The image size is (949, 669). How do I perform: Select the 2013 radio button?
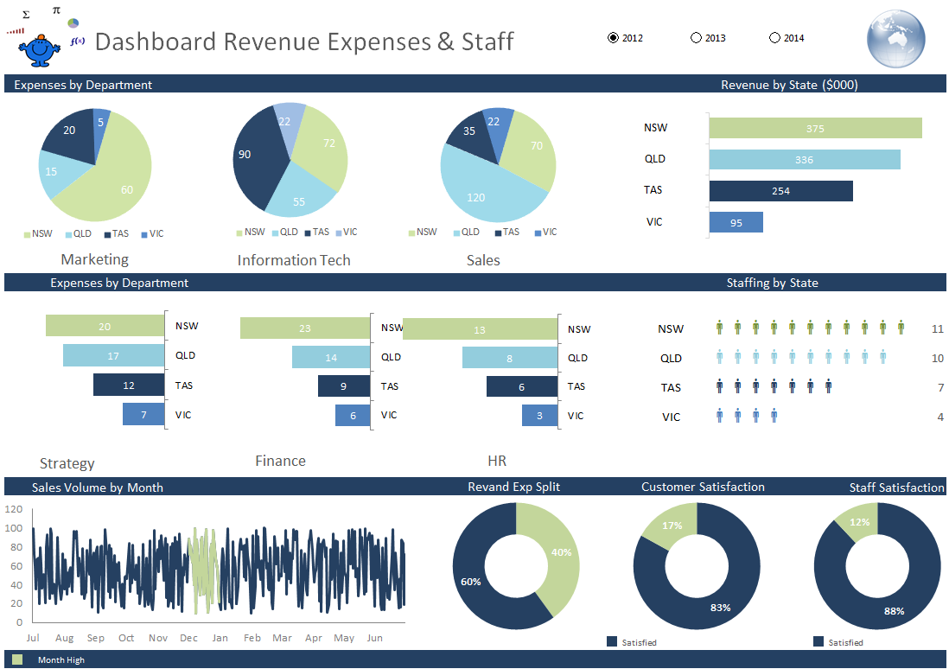coord(697,38)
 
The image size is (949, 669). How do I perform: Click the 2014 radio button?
coord(774,38)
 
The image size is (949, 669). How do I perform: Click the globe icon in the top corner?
coord(895,39)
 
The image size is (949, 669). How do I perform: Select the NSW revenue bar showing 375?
coord(815,128)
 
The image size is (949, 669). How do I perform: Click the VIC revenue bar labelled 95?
coord(736,222)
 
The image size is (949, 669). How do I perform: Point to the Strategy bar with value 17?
coord(113,355)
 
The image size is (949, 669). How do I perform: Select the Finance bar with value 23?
coord(304,328)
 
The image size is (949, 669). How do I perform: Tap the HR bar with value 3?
coord(539,416)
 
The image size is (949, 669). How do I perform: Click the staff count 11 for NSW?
coord(938,329)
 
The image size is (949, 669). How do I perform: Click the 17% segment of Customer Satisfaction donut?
coord(672,526)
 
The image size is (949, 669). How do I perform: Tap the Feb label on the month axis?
coord(252,638)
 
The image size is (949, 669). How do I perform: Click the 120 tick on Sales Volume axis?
coord(14,509)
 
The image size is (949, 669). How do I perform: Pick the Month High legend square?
coord(17,659)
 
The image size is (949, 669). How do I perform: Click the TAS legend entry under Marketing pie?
coord(116,234)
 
